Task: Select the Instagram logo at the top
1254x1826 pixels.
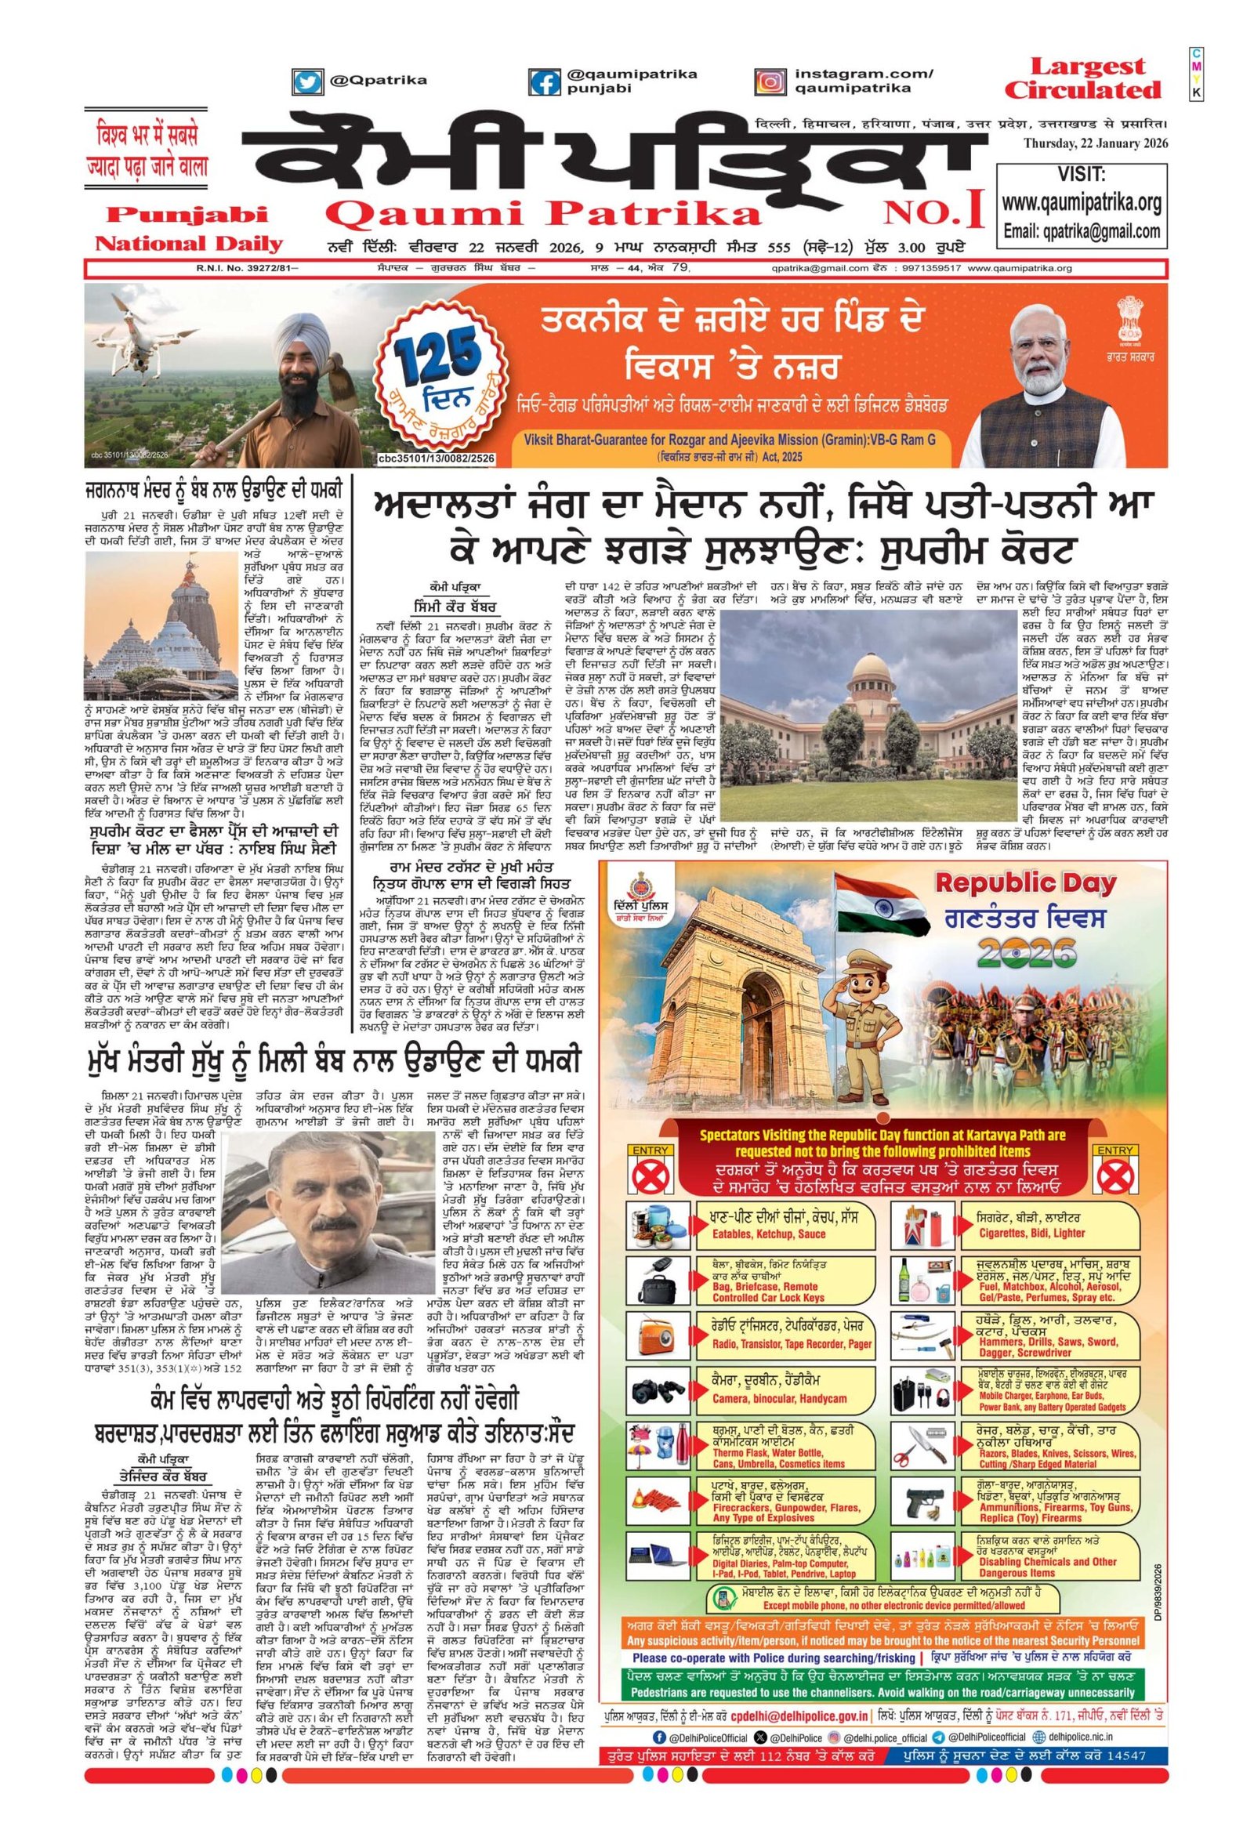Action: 770,81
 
